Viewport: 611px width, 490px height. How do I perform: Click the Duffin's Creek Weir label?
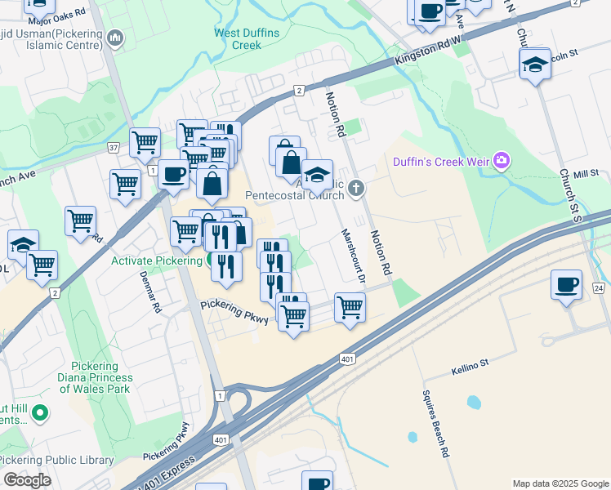(x=440, y=162)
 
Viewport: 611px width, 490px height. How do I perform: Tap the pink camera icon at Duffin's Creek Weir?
(x=501, y=162)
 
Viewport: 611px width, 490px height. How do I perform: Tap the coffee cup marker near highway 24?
(x=567, y=285)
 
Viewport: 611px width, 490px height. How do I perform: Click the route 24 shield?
(x=598, y=289)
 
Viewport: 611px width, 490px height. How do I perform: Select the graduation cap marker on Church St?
(x=535, y=65)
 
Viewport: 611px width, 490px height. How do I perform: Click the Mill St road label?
(x=586, y=174)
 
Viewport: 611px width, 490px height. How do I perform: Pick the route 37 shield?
(x=113, y=148)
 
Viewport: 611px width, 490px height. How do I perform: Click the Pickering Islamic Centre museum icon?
(x=116, y=38)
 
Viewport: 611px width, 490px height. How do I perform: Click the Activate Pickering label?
(x=157, y=261)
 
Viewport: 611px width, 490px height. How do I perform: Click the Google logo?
(x=27, y=480)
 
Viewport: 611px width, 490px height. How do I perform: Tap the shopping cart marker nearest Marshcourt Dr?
(x=350, y=308)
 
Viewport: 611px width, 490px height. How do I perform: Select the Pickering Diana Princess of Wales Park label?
(x=95, y=378)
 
